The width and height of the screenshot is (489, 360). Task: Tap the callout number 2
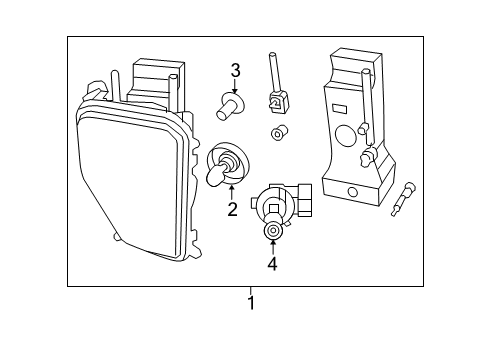(232, 209)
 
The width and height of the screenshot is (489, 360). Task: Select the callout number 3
(236, 70)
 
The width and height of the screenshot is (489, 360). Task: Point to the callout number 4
(272, 264)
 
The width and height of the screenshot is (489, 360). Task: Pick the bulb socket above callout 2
(223, 164)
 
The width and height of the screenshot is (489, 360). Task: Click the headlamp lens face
(126, 180)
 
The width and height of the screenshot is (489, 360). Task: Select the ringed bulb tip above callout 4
(272, 231)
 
